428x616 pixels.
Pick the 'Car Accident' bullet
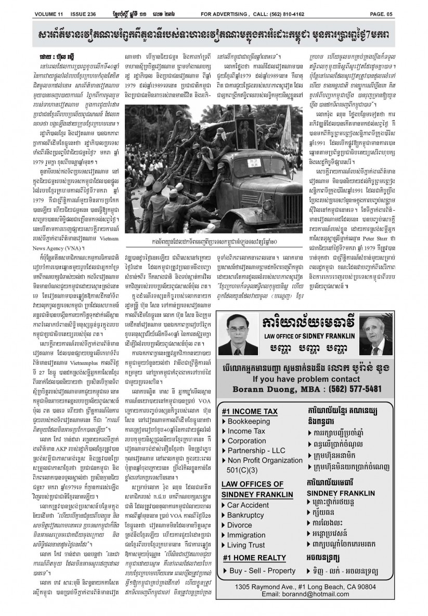pos(251,505)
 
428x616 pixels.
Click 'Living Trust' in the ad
pos(249,545)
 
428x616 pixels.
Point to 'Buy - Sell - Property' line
pos(261,571)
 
